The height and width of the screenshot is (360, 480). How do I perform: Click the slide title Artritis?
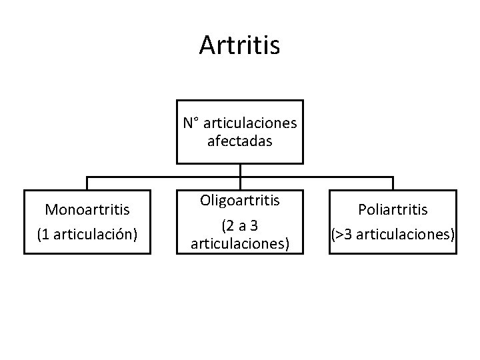point(239,45)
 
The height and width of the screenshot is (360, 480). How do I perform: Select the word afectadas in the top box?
point(239,141)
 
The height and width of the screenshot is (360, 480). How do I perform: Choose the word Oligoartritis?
point(239,200)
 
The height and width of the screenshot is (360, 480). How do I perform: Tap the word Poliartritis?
point(393,209)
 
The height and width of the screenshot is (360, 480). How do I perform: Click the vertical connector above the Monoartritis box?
point(88,183)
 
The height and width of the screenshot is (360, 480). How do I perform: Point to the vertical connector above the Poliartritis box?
point(393,183)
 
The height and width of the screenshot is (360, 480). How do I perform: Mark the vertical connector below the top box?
point(240,170)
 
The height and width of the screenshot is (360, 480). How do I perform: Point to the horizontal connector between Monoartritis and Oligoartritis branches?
point(163,177)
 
